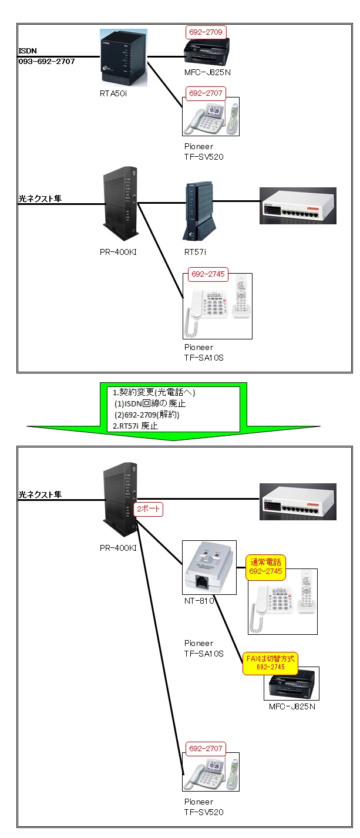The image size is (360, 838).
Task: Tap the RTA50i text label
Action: tap(113, 93)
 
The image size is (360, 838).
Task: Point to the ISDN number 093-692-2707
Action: tap(46, 61)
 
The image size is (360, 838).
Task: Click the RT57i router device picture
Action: tap(197, 213)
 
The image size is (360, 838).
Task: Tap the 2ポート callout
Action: tap(148, 509)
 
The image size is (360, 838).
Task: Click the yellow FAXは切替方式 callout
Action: tap(270, 664)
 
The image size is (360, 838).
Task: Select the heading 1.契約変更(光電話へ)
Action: tap(154, 392)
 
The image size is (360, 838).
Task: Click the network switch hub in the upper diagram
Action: tap(298, 206)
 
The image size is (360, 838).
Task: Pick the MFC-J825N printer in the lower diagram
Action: tap(291, 684)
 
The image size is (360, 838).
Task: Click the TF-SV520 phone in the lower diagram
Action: tap(211, 773)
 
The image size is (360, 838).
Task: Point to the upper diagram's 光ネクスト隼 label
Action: tap(40, 199)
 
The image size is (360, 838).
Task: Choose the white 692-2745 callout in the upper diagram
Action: tap(207, 273)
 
